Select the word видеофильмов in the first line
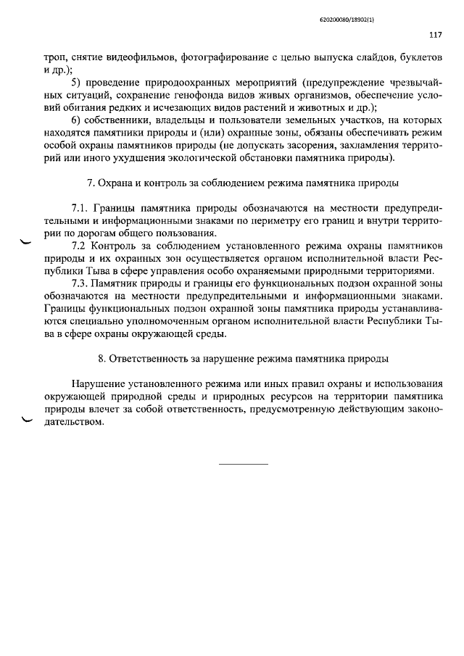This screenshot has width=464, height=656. point(142,56)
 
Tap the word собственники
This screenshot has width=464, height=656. point(122,120)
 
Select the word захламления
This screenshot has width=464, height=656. point(360,146)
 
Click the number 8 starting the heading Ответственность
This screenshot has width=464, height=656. point(101,358)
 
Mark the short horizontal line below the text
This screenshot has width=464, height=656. point(244,463)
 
